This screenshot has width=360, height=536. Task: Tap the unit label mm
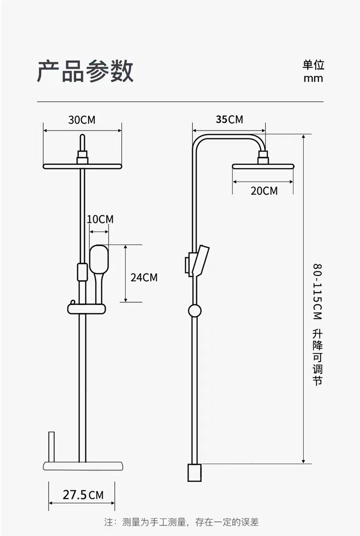[x=313, y=79]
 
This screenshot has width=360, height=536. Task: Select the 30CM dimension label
[x=82, y=120]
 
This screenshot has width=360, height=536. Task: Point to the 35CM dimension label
[x=229, y=119]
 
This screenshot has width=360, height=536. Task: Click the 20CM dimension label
[x=264, y=191]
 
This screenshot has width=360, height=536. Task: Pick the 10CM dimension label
[x=100, y=219]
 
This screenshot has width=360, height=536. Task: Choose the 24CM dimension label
[x=144, y=277]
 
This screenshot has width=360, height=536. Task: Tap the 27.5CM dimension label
[x=83, y=495]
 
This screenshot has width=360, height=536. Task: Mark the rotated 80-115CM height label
[x=317, y=291]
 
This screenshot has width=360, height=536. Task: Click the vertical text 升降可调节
[x=317, y=357]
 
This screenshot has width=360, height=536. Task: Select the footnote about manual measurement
[x=181, y=522]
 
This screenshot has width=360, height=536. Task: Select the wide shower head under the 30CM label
[x=82, y=166]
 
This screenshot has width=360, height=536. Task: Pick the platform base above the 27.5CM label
[x=82, y=466]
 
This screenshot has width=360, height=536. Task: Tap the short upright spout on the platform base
[x=52, y=447]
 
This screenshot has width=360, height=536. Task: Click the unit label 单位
[x=313, y=65]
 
